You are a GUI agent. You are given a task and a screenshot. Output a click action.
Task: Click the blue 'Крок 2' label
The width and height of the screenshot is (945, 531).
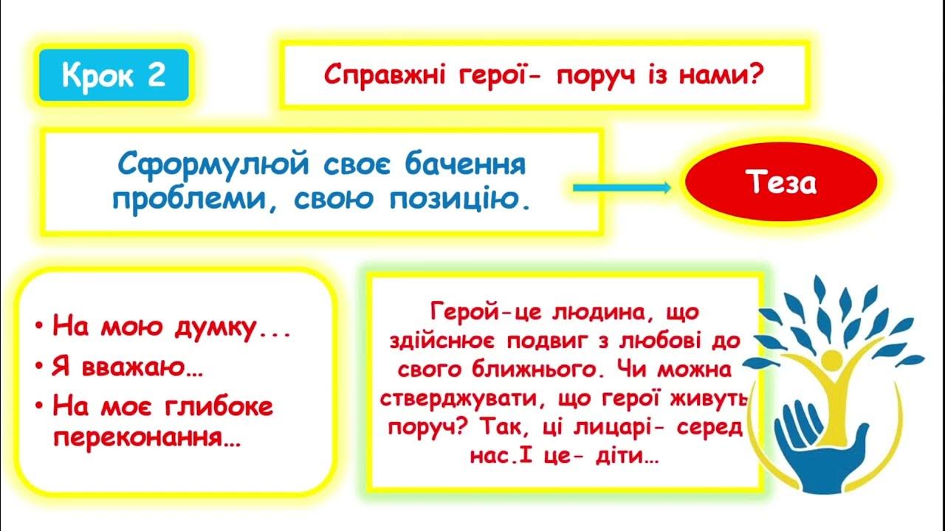coord(114,75)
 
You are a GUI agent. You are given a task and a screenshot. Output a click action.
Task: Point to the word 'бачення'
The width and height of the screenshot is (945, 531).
coord(465,164)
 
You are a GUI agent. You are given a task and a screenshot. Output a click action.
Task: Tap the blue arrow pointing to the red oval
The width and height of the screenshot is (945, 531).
coord(622,188)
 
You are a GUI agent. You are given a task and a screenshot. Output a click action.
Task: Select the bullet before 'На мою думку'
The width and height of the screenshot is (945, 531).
coord(39,326)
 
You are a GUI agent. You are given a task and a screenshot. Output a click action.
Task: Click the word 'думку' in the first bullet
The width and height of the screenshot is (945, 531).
coord(215,328)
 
